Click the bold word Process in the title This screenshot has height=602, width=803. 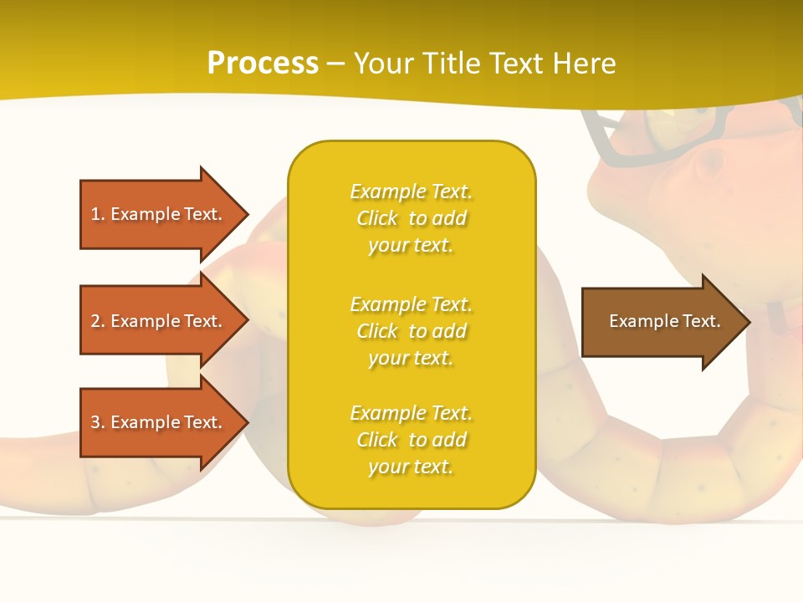click(263, 63)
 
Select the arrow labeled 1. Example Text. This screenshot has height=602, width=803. click(156, 214)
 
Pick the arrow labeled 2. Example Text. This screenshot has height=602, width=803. click(156, 321)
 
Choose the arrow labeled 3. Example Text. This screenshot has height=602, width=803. click(156, 422)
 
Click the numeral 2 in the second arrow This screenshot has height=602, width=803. click(95, 321)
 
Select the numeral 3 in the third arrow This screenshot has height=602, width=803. click(95, 422)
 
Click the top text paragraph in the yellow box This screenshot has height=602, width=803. click(411, 218)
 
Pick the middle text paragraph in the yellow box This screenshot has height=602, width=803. click(411, 331)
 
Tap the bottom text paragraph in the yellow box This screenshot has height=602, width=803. click(411, 440)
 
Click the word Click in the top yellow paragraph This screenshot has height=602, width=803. click(377, 218)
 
